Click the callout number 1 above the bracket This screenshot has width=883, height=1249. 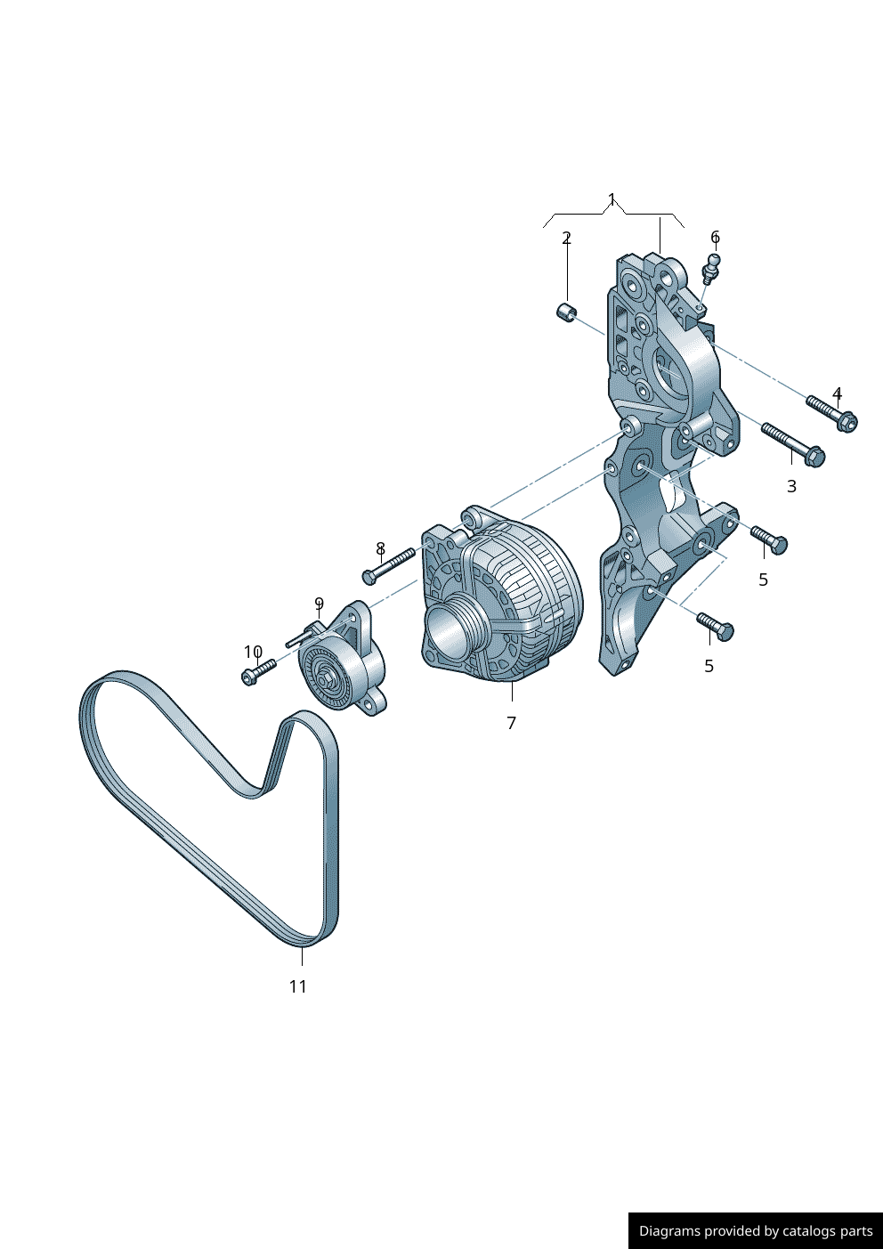(x=612, y=199)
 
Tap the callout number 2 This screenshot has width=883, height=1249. (x=566, y=238)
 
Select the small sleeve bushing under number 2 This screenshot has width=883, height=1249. (x=567, y=312)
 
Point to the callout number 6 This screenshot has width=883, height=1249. (x=715, y=237)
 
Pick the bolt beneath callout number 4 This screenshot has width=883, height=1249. (x=831, y=413)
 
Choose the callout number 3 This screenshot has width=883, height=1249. (x=791, y=486)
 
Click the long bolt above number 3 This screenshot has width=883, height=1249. (x=793, y=444)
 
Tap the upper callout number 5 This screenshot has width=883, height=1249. (x=763, y=580)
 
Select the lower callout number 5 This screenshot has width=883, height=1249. (x=709, y=666)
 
